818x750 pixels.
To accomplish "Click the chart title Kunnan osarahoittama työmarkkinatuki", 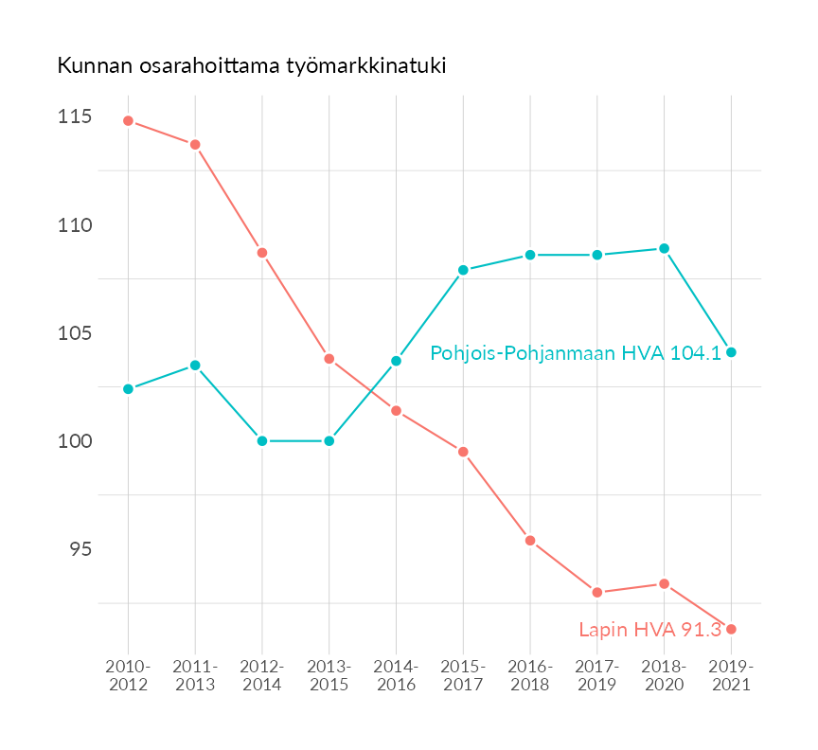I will [251, 66].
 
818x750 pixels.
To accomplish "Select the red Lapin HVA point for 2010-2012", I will [128, 121].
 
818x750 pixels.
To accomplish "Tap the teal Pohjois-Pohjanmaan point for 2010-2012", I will [128, 389].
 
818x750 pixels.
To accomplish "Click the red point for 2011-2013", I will [195, 145].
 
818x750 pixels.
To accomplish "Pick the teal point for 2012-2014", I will [262, 441].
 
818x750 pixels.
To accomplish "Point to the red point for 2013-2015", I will [329, 359].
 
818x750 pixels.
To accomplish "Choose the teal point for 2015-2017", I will [463, 270].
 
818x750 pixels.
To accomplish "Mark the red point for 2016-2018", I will [530, 541].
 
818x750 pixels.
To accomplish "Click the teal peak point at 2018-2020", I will [665, 248].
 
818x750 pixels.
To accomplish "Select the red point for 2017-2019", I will [597, 593].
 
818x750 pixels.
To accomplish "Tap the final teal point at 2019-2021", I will [731, 352].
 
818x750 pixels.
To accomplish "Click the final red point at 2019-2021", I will [731, 630].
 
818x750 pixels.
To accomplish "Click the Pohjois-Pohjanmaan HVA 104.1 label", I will [576, 353].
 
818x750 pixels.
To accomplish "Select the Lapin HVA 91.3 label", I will [649, 630].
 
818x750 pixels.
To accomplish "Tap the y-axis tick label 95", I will [79, 549].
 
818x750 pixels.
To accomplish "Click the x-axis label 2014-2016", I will [396, 676].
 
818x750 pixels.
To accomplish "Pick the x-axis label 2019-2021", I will [731, 676].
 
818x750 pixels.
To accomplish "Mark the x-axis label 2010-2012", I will [128, 676].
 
